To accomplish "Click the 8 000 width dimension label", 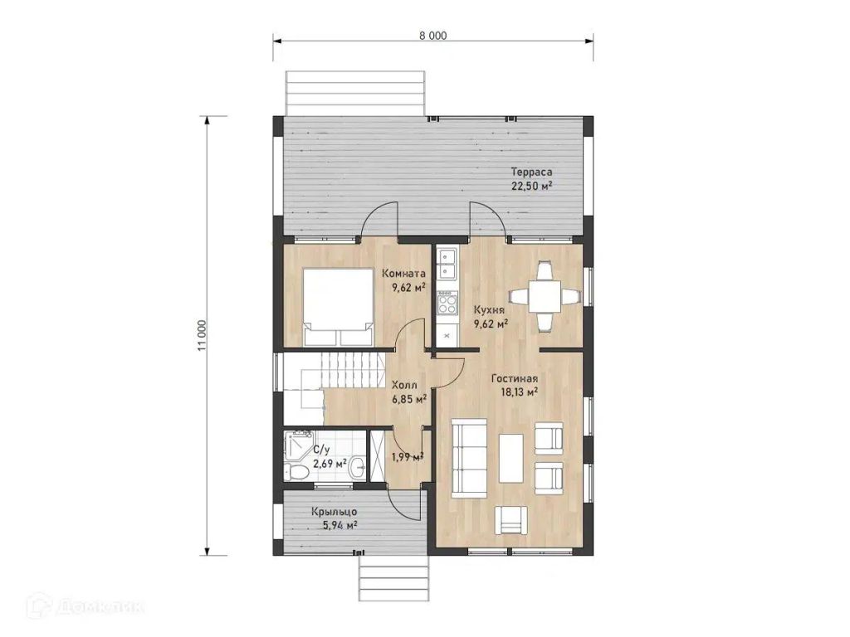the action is pos(432,36).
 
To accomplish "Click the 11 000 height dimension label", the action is pos(202,335).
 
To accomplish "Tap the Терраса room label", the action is pos(531,173).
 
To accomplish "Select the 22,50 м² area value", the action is pos(531,186).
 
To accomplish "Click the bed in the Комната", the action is pos(339,307).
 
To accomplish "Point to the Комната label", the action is pos(404,273).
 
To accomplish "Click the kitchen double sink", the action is pos(447,263).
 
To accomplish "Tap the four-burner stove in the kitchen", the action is pos(447,302).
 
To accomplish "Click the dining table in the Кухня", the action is pos(545,296).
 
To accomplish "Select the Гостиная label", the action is pos(514,378).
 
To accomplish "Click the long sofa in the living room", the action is pos(469,458).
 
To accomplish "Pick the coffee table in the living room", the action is pos(511,458).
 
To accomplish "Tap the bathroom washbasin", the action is pos(357,467).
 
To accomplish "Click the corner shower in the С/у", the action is pos(297,445).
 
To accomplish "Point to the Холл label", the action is pos(404,385).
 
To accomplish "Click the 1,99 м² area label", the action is pos(408,457).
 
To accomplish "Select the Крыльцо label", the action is pos(334,511).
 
